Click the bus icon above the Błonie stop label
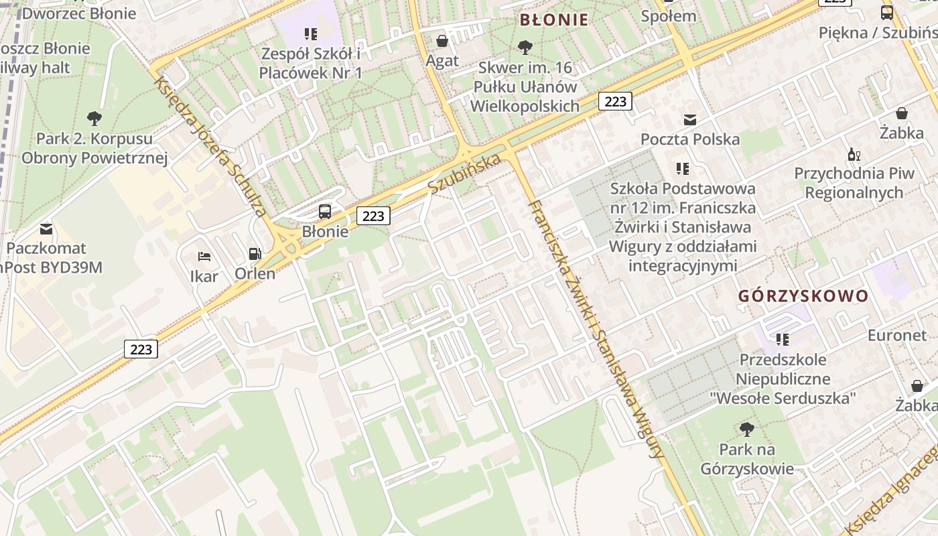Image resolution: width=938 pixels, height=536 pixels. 325,212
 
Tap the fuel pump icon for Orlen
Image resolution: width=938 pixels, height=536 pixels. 255,253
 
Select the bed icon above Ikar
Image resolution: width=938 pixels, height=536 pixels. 204,257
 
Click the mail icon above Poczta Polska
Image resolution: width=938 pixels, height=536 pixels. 689,120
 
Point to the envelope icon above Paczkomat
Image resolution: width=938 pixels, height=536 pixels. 46,228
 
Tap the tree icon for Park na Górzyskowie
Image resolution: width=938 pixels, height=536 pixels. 746,429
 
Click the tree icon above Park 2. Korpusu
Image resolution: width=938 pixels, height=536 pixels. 94,119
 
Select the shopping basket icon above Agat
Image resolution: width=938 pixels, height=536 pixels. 442,41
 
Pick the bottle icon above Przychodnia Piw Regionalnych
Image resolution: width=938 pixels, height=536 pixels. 854,154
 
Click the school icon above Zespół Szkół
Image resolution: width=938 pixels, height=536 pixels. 310,33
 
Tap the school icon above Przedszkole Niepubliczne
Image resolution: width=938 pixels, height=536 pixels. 782,340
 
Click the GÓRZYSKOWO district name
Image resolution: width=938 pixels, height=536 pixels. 803,296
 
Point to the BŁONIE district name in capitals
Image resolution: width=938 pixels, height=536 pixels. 554,19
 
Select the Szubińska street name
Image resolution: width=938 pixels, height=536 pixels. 464,174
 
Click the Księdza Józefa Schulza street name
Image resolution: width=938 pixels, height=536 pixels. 209,147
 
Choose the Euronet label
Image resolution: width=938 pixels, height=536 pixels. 896,335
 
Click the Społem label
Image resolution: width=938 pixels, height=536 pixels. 668,16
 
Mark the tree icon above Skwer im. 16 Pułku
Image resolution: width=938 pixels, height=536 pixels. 525,48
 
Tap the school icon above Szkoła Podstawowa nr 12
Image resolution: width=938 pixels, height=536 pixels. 682,169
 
